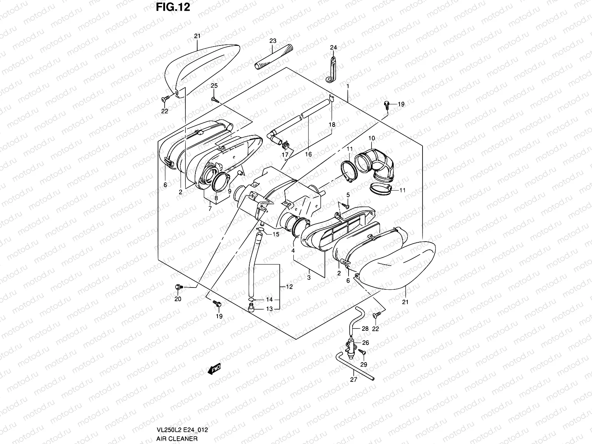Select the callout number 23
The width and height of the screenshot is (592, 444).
pyautogui.click(x=273, y=41)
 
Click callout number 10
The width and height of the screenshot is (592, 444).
pyautogui.click(x=371, y=138)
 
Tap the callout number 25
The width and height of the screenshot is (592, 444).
pyautogui.click(x=214, y=86)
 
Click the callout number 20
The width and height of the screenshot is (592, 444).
pyautogui.click(x=178, y=299)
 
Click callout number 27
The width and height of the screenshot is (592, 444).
pyautogui.click(x=354, y=380)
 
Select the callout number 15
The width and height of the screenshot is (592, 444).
pyautogui.click(x=276, y=234)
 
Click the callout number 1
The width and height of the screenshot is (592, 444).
pyautogui.click(x=348, y=86)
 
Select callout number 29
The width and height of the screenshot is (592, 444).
pyautogui.click(x=364, y=365)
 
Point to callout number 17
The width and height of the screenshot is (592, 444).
pyautogui.click(x=285, y=154)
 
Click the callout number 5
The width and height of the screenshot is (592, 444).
pyautogui.click(x=348, y=195)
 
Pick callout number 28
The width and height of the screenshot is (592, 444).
pyautogui.click(x=365, y=329)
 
